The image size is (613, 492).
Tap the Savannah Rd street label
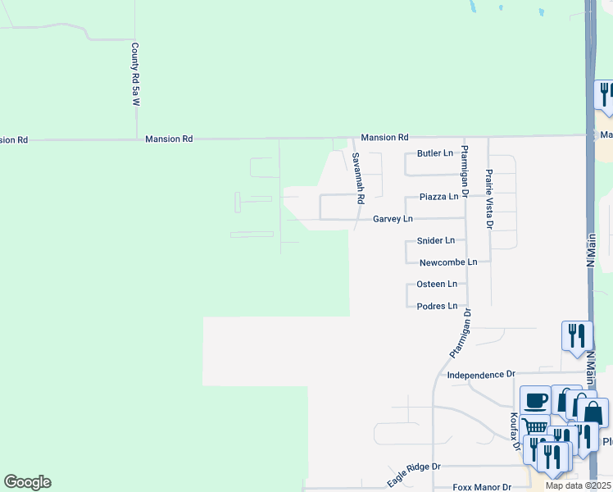pyautogui.click(x=356, y=178)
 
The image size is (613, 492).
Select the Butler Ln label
pyautogui.click(x=435, y=153)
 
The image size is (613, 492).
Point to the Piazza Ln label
pyautogui.click(x=438, y=197)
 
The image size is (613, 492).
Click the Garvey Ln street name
pyautogui.click(x=393, y=220)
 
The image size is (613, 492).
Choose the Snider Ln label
pyautogui.click(x=435, y=241)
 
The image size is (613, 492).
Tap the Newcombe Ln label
pyautogui.click(x=447, y=262)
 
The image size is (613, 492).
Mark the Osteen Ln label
pyautogui.click(x=437, y=284)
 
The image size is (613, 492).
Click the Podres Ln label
pyautogui.click(x=437, y=306)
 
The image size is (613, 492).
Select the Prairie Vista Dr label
pyautogui.click(x=488, y=198)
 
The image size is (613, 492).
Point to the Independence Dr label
pyautogui.click(x=481, y=375)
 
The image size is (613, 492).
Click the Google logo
pyautogui.click(x=27, y=482)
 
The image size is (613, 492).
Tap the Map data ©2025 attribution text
pyautogui.click(x=578, y=486)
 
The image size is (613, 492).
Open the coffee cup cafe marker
pyautogui.click(x=535, y=400)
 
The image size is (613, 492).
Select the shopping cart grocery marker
pyautogui.click(x=534, y=426)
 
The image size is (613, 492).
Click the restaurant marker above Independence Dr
pyautogui.click(x=577, y=335)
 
